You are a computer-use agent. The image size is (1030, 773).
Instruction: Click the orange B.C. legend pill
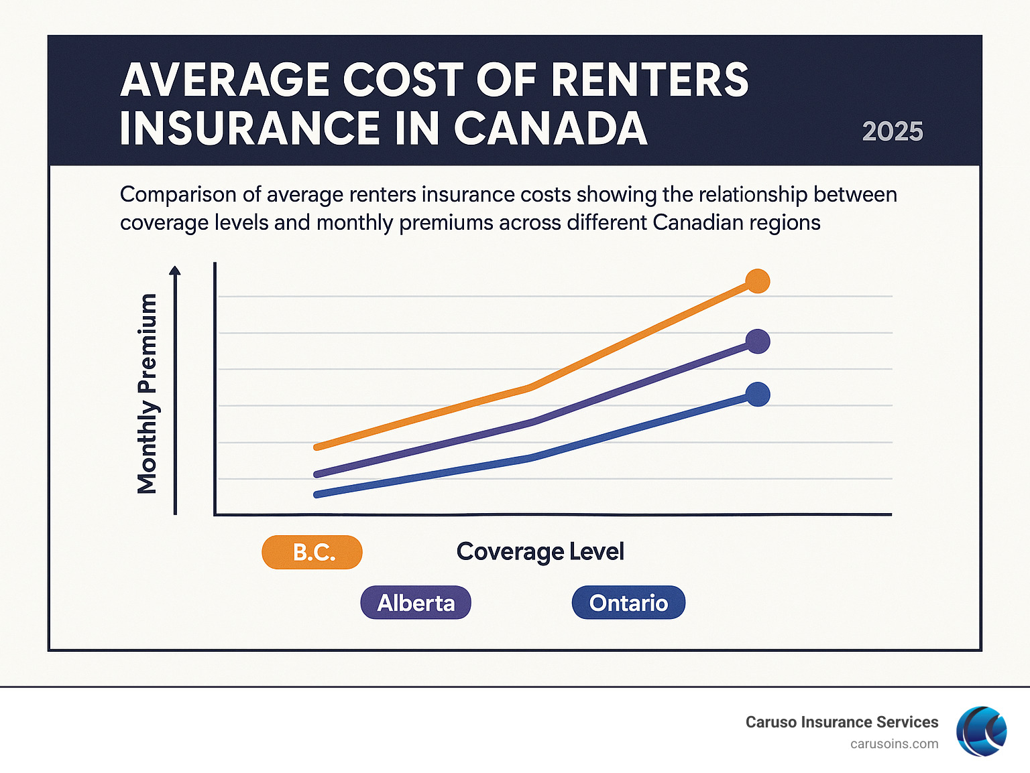(312, 553)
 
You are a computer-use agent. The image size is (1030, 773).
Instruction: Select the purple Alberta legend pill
(416, 603)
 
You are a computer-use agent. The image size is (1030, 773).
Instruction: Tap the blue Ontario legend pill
(628, 603)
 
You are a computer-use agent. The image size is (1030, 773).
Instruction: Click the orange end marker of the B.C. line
(758, 281)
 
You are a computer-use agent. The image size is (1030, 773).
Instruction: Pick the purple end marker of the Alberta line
(758, 342)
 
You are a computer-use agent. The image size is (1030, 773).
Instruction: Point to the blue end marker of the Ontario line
(758, 395)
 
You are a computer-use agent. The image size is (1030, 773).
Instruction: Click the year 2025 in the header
(892, 131)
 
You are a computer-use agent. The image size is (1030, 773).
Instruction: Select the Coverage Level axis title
(540, 552)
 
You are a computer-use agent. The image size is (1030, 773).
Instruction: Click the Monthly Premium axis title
(147, 394)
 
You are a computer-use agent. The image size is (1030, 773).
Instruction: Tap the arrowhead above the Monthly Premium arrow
(175, 271)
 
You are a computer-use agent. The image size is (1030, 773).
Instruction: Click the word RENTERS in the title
(649, 80)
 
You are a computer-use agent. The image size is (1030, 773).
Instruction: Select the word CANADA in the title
(551, 128)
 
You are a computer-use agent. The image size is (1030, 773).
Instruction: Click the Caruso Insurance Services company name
(842, 722)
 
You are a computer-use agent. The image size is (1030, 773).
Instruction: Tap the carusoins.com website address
(894, 744)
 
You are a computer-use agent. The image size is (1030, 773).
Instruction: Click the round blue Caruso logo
(981, 731)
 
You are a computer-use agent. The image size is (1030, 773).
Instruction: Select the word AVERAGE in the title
(225, 80)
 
